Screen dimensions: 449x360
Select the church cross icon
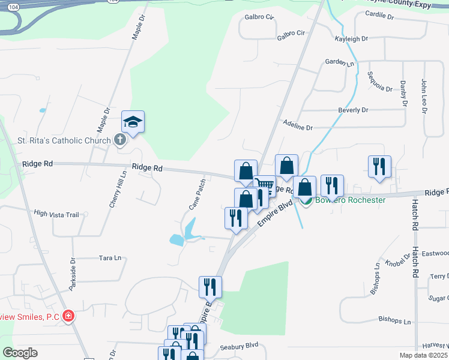[119, 140]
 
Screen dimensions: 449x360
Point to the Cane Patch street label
[197, 193]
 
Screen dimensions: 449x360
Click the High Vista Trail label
[56, 214]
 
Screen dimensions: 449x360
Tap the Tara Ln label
[110, 258]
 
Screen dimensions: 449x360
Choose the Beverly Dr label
[353, 110]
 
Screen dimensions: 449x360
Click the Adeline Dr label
[298, 128]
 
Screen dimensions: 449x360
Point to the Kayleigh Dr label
[351, 39]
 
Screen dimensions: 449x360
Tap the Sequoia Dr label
[379, 82]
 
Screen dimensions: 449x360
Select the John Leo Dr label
[424, 96]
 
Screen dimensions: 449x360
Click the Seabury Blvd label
[239, 346]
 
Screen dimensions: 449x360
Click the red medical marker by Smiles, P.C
[69, 316]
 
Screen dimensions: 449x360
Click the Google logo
[20, 353]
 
